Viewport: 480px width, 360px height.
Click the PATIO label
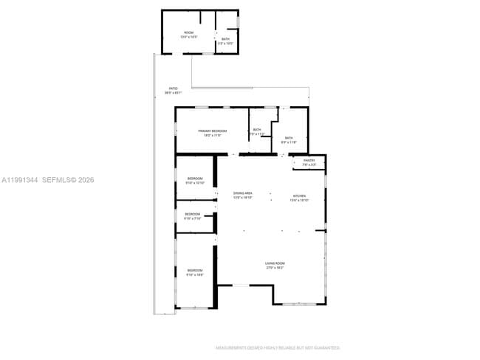pyautogui.click(x=173, y=89)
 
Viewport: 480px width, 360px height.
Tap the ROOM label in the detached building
pyautogui.click(x=189, y=32)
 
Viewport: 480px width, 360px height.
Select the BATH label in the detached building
pyautogui.click(x=225, y=39)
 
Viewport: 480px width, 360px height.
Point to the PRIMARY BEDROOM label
pyautogui.click(x=212, y=131)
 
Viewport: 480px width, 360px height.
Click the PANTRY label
pyautogui.click(x=309, y=160)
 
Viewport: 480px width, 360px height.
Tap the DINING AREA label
pyautogui.click(x=243, y=193)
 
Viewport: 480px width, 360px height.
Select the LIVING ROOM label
pyautogui.click(x=275, y=263)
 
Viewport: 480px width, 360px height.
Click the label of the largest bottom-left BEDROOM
pyautogui.click(x=194, y=271)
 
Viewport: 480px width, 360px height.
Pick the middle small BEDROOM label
pyautogui.click(x=192, y=214)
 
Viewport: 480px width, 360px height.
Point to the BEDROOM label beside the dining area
pyautogui.click(x=194, y=179)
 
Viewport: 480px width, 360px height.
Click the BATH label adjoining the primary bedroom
pyautogui.click(x=257, y=130)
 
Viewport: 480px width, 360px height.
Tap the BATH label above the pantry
pyautogui.click(x=289, y=138)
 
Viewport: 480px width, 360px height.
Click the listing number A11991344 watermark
pyautogui.click(x=19, y=180)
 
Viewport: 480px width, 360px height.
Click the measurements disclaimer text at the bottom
pyautogui.click(x=277, y=347)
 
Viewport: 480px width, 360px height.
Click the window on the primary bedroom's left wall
pyautogui.click(x=176, y=130)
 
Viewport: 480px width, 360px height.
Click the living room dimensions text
pyautogui.click(x=275, y=268)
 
